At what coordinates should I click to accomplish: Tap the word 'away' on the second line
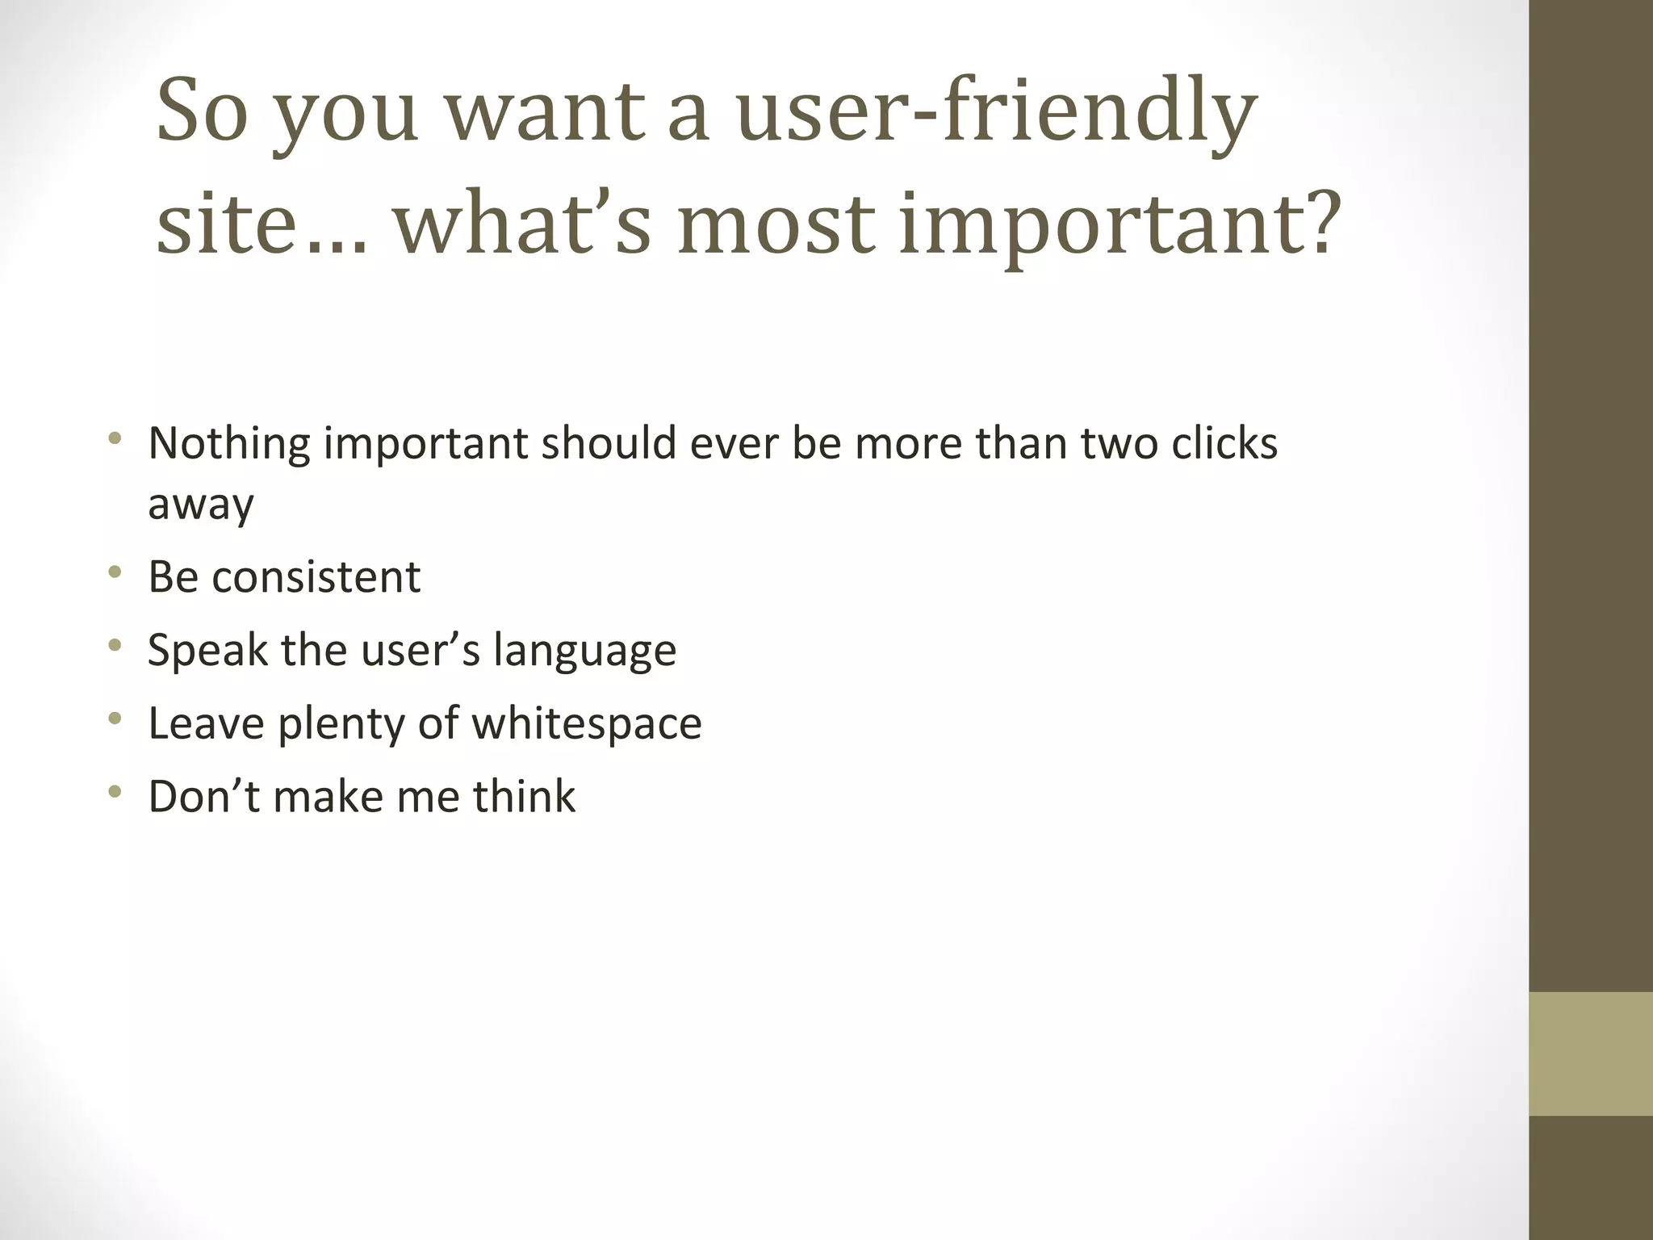(x=200, y=505)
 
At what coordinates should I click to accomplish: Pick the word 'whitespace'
(x=587, y=723)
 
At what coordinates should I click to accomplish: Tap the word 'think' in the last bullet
(x=524, y=796)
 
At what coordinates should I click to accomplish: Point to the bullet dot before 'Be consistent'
(x=115, y=572)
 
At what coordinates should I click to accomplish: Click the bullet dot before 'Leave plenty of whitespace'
(x=115, y=718)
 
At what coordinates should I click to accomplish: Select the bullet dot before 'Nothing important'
(x=115, y=439)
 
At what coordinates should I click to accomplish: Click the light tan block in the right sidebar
(x=1591, y=1054)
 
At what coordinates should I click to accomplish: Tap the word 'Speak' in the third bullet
(x=207, y=651)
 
